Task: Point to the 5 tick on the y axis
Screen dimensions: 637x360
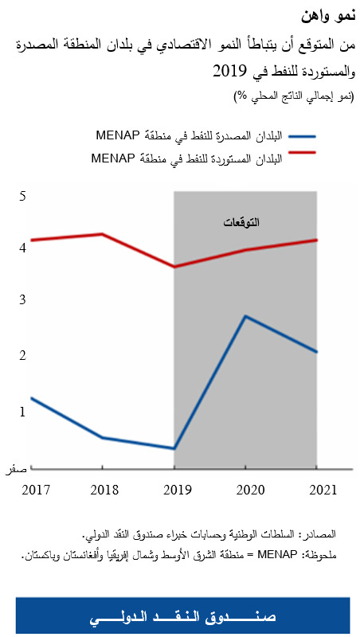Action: (23, 196)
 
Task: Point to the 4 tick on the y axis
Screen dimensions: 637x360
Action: (23, 248)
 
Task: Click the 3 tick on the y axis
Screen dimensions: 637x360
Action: (23, 299)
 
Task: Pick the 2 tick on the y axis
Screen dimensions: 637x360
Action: (23, 355)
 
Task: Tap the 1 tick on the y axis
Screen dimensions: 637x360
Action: (23, 411)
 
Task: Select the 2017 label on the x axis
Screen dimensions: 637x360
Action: (36, 487)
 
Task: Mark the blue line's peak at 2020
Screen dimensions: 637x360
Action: (246, 317)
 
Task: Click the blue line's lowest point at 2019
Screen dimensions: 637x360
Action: (174, 448)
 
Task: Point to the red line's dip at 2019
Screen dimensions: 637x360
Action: (174, 267)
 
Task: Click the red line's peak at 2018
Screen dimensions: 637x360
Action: (102, 234)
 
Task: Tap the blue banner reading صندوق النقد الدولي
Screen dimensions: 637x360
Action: (182, 617)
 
